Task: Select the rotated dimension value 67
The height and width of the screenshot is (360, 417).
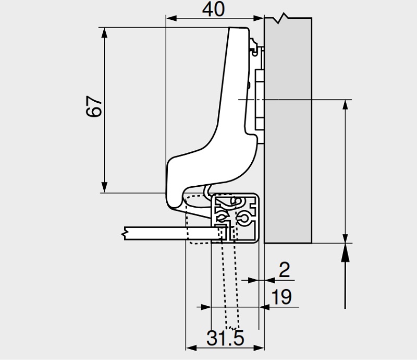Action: [93, 107]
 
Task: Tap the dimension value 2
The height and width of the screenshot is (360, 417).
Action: [285, 270]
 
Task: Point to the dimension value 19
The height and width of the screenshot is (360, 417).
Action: [282, 297]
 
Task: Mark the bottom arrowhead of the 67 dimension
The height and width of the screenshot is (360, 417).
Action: [105, 187]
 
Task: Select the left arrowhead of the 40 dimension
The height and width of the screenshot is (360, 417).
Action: [170, 18]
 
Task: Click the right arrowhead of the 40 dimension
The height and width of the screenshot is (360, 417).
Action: [260, 18]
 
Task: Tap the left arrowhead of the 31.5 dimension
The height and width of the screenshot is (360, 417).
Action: [191, 347]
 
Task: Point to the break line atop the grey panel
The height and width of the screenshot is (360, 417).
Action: [282, 18]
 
